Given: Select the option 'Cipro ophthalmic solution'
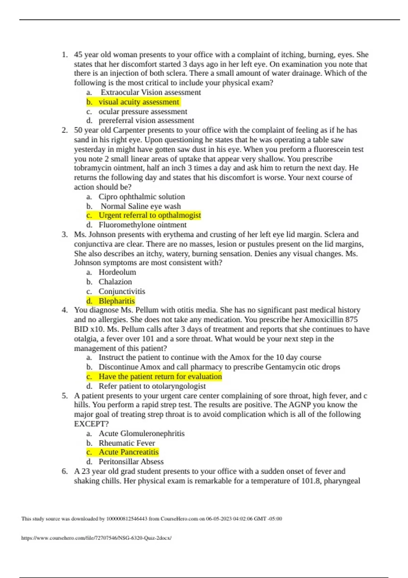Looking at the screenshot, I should [x=142, y=197].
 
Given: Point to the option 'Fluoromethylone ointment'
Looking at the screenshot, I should [x=142, y=225].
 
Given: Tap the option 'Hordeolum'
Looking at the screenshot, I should [x=117, y=272].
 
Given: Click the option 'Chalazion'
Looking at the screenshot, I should [x=115, y=282].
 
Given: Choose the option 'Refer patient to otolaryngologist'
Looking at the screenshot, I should [x=152, y=386].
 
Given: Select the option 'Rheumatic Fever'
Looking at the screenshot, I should [x=127, y=443].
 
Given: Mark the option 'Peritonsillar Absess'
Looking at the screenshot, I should [x=131, y=461].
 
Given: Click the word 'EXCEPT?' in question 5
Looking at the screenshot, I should [x=91, y=424].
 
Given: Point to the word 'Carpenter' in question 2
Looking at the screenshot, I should [x=129, y=130].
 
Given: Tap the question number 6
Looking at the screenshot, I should [x=65, y=471].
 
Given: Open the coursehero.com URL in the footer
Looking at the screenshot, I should [x=97, y=538].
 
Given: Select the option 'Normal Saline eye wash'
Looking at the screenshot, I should [x=140, y=206].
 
